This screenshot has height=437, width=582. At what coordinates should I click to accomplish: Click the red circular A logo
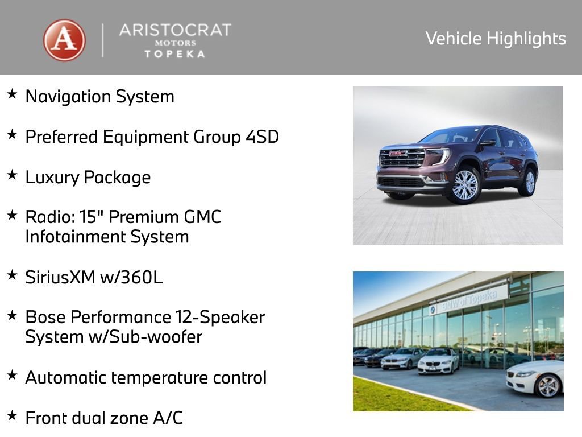[x=64, y=40]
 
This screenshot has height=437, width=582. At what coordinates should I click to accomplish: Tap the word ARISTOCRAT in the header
[x=175, y=30]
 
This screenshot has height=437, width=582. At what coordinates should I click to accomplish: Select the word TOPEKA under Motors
[x=175, y=53]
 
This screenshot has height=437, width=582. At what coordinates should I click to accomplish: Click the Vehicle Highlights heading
[x=496, y=39]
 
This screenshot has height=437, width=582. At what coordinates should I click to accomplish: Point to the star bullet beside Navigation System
[x=12, y=94]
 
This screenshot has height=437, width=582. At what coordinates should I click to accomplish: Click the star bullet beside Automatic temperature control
[x=12, y=375]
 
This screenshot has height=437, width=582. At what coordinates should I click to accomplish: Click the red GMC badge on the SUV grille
[x=398, y=153]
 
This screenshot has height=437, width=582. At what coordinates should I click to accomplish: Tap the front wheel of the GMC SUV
[x=465, y=185]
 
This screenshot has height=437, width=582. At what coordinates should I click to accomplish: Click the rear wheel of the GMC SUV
[x=530, y=182]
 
